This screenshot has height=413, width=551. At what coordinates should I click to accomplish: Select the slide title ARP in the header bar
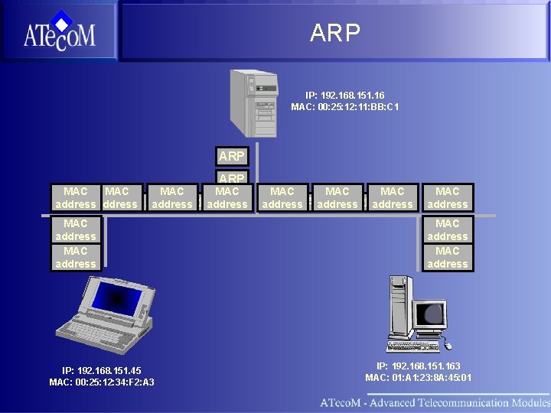pyautogui.click(x=334, y=32)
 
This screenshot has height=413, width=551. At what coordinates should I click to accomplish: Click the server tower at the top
pyautogui.click(x=253, y=103)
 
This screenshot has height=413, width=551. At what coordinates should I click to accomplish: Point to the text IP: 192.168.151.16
pyautogui.click(x=344, y=95)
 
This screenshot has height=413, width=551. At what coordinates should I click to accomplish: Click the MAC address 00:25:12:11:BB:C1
pyautogui.click(x=344, y=107)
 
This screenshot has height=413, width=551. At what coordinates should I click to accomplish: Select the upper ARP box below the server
pyautogui.click(x=231, y=156)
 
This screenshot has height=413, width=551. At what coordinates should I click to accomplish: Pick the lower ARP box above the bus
pyautogui.click(x=231, y=177)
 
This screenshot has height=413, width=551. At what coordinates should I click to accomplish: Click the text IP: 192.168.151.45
pyautogui.click(x=101, y=370)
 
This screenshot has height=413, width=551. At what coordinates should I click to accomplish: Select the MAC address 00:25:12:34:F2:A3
pyautogui.click(x=101, y=382)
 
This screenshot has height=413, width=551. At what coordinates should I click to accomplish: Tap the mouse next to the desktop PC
pyautogui.click(x=446, y=346)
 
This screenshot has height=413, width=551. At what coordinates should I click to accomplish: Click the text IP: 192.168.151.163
pyautogui.click(x=418, y=366)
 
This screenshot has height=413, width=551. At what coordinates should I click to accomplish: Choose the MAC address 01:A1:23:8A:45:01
pyautogui.click(x=418, y=378)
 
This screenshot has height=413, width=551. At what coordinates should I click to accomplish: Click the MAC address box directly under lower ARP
pyautogui.click(x=227, y=197)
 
